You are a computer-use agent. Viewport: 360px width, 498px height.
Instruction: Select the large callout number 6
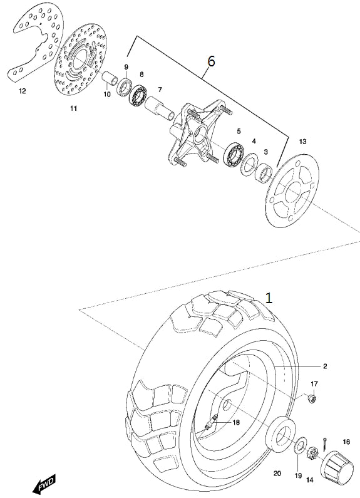211,61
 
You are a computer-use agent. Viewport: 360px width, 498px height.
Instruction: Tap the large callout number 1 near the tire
269,298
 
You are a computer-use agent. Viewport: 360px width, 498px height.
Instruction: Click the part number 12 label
22,91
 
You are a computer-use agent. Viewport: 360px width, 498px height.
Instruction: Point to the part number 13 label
303,142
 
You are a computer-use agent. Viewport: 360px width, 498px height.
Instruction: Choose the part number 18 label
236,422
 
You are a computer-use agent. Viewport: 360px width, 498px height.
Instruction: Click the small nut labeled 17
312,398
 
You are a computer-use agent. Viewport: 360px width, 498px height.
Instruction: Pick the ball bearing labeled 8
138,95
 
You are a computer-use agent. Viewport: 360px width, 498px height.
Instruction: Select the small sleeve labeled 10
110,79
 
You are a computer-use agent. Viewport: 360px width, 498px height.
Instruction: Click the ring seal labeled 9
125,86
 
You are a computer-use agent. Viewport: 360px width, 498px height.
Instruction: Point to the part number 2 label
325,366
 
